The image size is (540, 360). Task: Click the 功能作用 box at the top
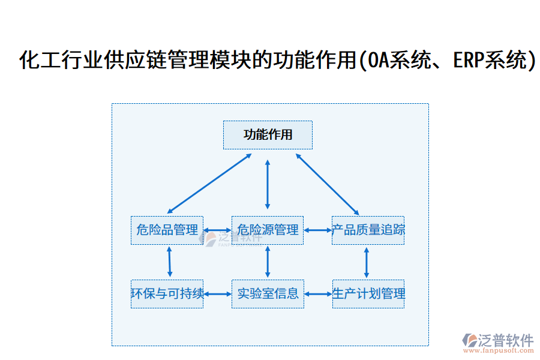point(268,135)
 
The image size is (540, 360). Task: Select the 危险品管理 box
point(167,230)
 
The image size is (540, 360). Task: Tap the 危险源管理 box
point(268,230)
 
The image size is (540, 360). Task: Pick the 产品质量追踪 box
point(368,230)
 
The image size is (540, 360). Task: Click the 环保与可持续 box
point(167,294)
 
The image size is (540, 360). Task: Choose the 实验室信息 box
point(268,294)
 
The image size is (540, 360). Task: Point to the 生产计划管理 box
point(368,294)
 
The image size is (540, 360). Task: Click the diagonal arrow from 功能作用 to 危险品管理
point(209,183)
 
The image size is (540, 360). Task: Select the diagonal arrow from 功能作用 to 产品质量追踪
point(327,183)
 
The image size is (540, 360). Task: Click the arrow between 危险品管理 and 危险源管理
point(217,230)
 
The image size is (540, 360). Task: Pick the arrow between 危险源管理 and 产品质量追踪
point(317,230)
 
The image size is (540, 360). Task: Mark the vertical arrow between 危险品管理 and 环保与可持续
point(169,262)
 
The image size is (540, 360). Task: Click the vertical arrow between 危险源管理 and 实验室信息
point(268,262)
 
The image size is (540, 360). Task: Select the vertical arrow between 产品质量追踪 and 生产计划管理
point(367,262)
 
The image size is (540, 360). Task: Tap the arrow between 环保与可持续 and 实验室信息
point(217,294)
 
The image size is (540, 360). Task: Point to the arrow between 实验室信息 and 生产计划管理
point(318,294)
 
